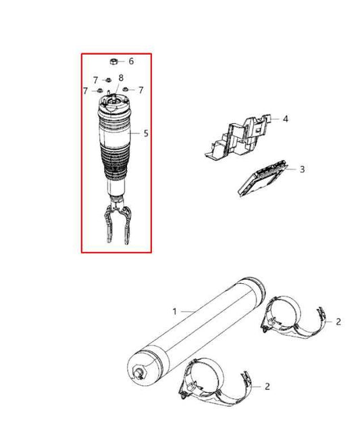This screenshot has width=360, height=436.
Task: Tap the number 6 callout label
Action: (131, 61)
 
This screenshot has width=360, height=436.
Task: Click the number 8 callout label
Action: (121, 78)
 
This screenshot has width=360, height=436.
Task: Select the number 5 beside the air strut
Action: (146, 133)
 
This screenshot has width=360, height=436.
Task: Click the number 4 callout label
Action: (286, 119)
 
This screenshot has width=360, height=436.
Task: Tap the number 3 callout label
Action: (302, 169)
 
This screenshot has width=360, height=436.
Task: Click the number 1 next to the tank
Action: (174, 312)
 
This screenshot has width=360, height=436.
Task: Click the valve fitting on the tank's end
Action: (140, 371)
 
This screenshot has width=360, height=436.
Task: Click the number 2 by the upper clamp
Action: (338, 322)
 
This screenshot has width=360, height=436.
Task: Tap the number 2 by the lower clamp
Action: (267, 386)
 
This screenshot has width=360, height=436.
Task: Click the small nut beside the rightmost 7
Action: (125, 90)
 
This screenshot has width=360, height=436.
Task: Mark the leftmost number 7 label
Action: (85, 91)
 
